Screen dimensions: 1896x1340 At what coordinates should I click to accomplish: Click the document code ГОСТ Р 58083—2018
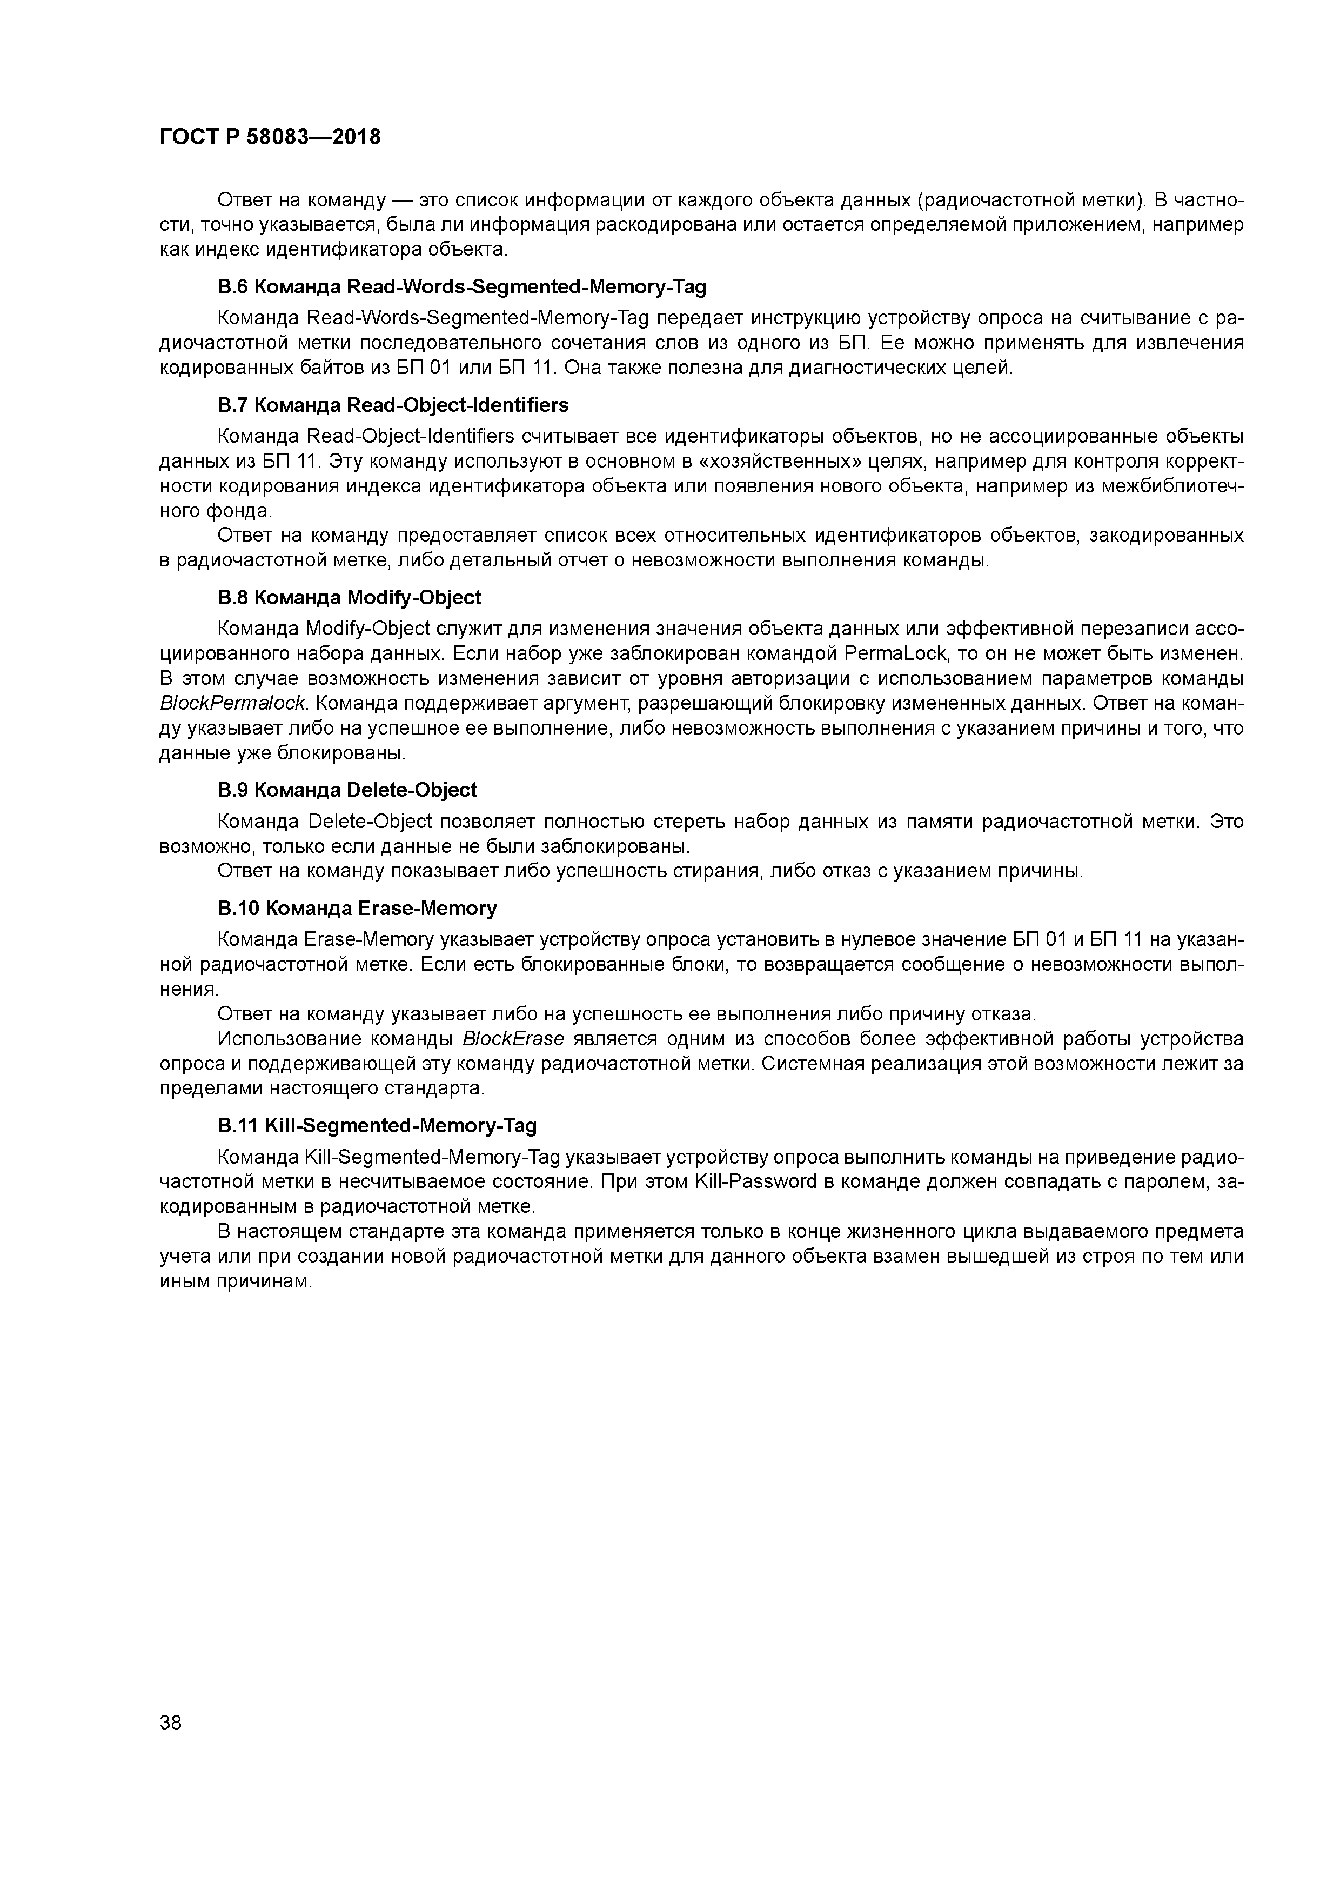click(270, 137)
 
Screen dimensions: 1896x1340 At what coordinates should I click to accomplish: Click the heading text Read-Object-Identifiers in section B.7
click(458, 405)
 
